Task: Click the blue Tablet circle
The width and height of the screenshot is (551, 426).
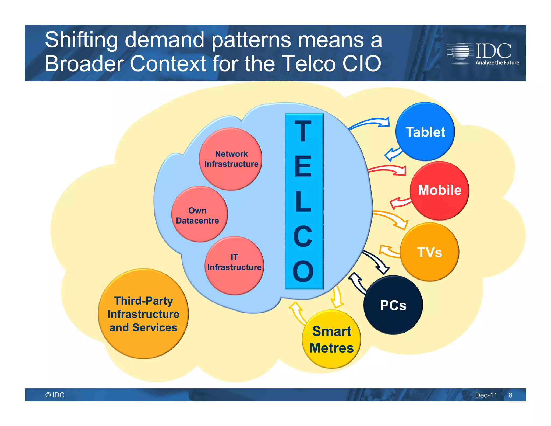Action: click(x=425, y=132)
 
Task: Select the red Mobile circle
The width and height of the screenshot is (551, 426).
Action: click(x=439, y=190)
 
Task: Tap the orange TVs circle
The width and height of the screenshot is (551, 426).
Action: click(x=429, y=252)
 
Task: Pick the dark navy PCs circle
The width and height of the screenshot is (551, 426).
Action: click(x=393, y=305)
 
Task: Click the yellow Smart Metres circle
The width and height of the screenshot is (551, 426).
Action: click(x=331, y=339)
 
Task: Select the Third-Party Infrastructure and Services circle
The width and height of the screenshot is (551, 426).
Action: click(x=143, y=314)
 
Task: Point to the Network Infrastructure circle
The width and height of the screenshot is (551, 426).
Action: click(x=231, y=159)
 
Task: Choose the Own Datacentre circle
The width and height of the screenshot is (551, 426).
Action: click(x=199, y=215)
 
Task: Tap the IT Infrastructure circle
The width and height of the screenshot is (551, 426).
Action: click(x=234, y=265)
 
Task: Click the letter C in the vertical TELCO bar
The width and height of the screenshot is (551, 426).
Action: click(x=303, y=236)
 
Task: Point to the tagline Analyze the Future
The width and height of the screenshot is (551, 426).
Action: click(x=497, y=63)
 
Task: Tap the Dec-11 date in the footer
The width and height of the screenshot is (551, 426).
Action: click(x=486, y=395)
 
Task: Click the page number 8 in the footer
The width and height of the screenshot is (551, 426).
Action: click(x=510, y=395)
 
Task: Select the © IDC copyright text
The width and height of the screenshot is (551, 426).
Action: click(x=55, y=395)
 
